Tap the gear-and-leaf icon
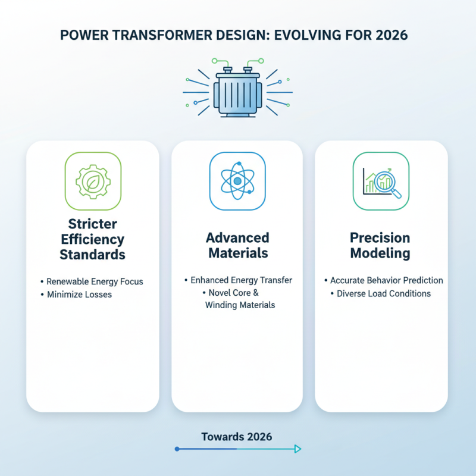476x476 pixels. [92, 181]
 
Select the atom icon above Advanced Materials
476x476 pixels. [237, 181]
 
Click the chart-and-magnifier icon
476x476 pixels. [381, 181]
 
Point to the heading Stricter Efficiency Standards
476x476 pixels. [92, 239]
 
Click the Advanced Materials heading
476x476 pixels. [237, 245]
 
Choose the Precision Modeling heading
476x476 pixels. [380, 245]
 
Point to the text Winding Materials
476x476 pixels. [240, 305]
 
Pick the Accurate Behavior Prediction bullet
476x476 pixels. [386, 280]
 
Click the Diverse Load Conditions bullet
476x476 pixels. [384, 293]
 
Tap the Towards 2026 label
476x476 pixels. [237, 437]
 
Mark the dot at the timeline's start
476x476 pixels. [177, 449]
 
